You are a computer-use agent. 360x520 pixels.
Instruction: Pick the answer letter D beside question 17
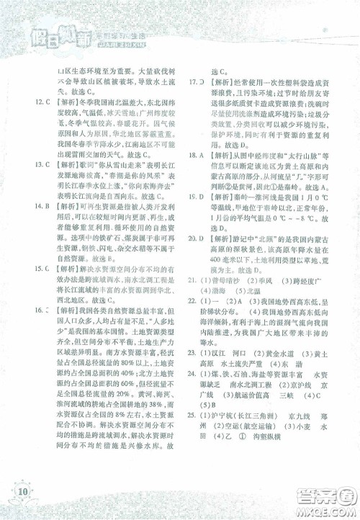[x=204, y=84]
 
